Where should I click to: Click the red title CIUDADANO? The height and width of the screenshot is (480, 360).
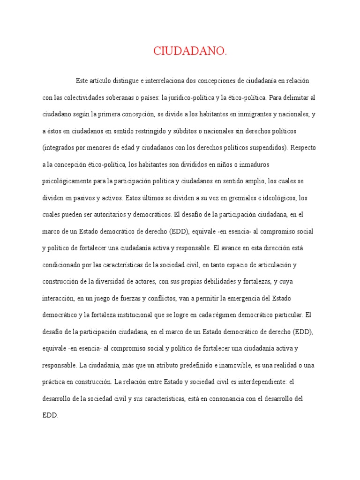[190, 52]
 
